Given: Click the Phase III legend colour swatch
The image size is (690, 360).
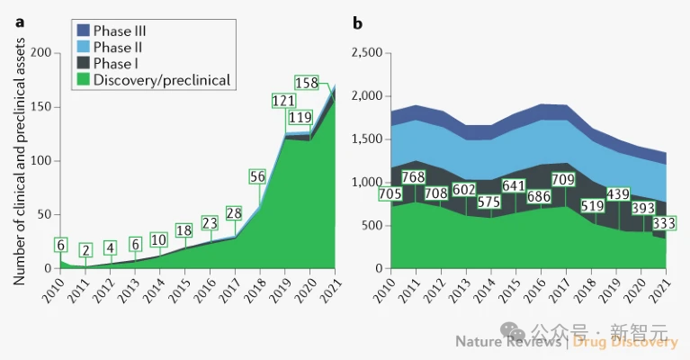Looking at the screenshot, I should (x=81, y=29).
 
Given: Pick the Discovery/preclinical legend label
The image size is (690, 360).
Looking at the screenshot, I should (x=162, y=80).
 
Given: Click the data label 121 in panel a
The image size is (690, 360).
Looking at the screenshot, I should (x=284, y=100).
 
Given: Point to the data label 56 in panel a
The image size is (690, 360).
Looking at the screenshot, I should (x=256, y=176).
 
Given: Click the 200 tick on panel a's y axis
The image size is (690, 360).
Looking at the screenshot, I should (x=40, y=53).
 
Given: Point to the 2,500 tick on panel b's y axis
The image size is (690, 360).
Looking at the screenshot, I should (x=365, y=53).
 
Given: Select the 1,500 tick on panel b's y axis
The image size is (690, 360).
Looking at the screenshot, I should (x=365, y=139).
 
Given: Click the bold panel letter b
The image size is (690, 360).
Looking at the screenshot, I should (x=357, y=23).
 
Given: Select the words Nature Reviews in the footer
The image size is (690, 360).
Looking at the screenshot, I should (x=506, y=341).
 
